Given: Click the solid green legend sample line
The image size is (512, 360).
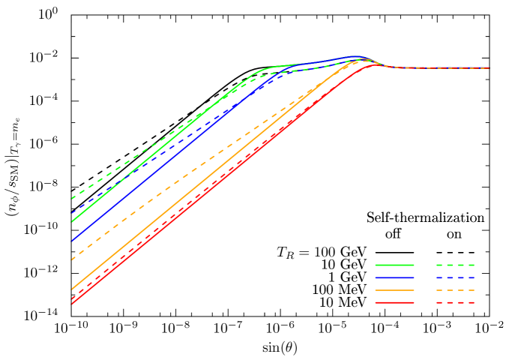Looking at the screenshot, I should point(394,265).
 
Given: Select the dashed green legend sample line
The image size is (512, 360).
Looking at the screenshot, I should point(455,265).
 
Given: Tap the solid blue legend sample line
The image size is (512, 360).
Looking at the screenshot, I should point(394,277).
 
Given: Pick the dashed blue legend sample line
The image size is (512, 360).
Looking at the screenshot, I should point(455,277).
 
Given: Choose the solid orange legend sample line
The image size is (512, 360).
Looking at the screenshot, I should point(394,289).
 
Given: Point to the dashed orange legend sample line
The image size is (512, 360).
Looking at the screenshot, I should point(455,289).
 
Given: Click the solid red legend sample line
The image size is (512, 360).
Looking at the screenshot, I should point(394,302).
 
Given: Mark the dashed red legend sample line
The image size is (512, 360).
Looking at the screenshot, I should point(455,302).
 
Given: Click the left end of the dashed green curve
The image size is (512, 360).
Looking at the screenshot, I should point(72,199).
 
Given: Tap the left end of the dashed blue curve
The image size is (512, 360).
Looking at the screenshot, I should point(72,214).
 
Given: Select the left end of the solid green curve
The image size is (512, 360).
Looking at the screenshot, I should point(72,221).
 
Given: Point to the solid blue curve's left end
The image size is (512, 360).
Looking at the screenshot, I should point(72,241).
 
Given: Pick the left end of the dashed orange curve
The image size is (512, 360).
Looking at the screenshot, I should point(72,259).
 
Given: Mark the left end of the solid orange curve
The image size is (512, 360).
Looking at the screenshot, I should point(72,289).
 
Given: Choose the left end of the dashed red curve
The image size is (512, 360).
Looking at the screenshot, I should point(72,298).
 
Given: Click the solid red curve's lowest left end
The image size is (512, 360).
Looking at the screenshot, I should point(72,304).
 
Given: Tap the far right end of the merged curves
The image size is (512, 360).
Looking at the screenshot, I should point(489,68).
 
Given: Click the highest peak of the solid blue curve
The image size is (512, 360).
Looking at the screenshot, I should point(358,55).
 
